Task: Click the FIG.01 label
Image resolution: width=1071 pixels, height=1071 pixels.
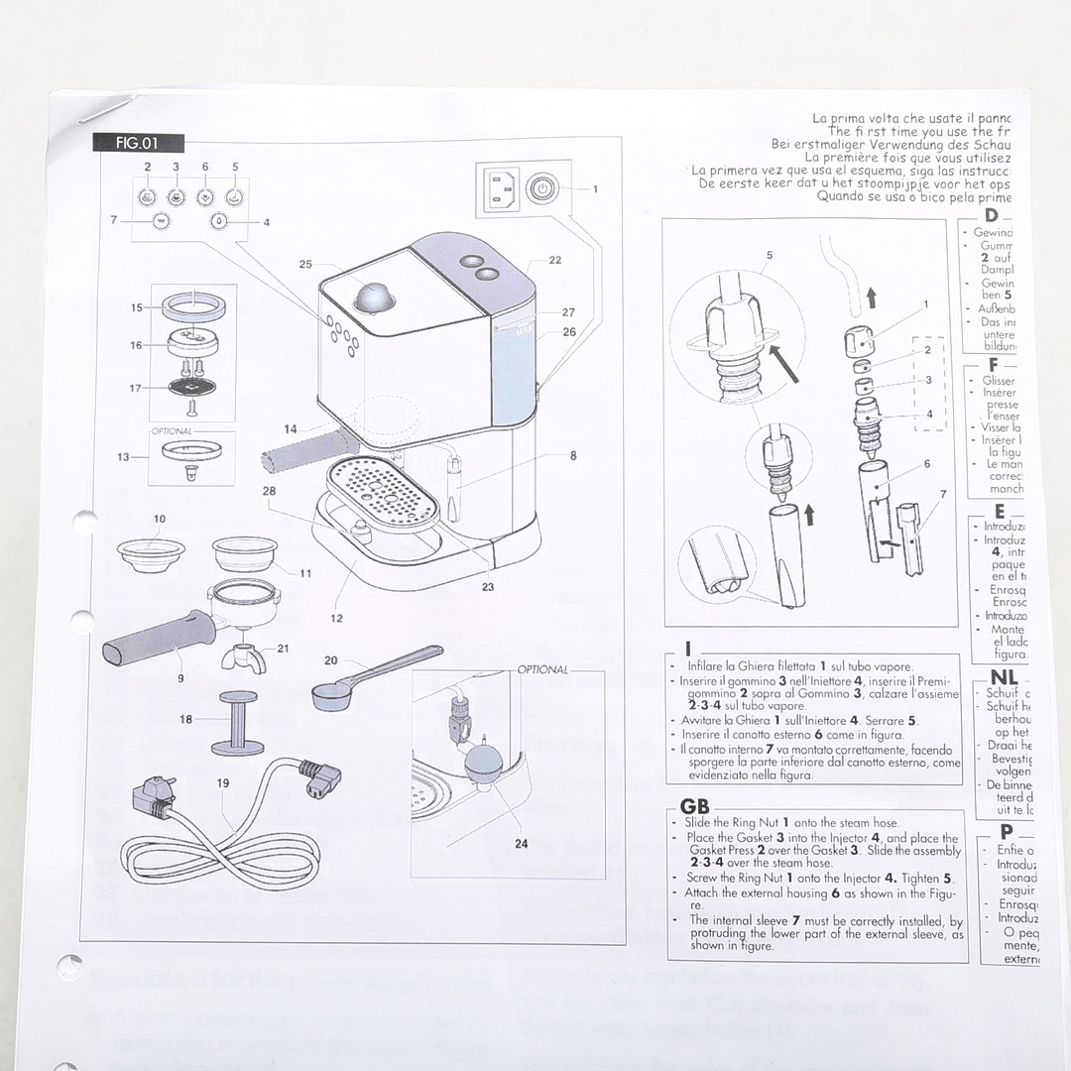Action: [x=137, y=143]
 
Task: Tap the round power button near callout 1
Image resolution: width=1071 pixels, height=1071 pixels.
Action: [x=540, y=188]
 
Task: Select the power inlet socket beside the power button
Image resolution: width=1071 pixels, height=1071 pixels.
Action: [x=500, y=188]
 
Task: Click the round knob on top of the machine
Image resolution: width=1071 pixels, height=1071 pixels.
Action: [x=374, y=296]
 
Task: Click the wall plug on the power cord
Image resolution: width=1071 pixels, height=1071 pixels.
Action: [x=155, y=794]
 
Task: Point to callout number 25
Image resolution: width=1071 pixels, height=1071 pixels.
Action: [x=305, y=264]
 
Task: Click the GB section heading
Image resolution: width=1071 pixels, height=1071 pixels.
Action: [x=695, y=807]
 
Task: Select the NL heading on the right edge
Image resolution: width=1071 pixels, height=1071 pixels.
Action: [x=1004, y=677]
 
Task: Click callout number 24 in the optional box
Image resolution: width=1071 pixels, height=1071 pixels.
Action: [x=522, y=845]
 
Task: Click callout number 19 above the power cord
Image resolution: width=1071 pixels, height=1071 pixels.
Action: [x=223, y=783]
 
